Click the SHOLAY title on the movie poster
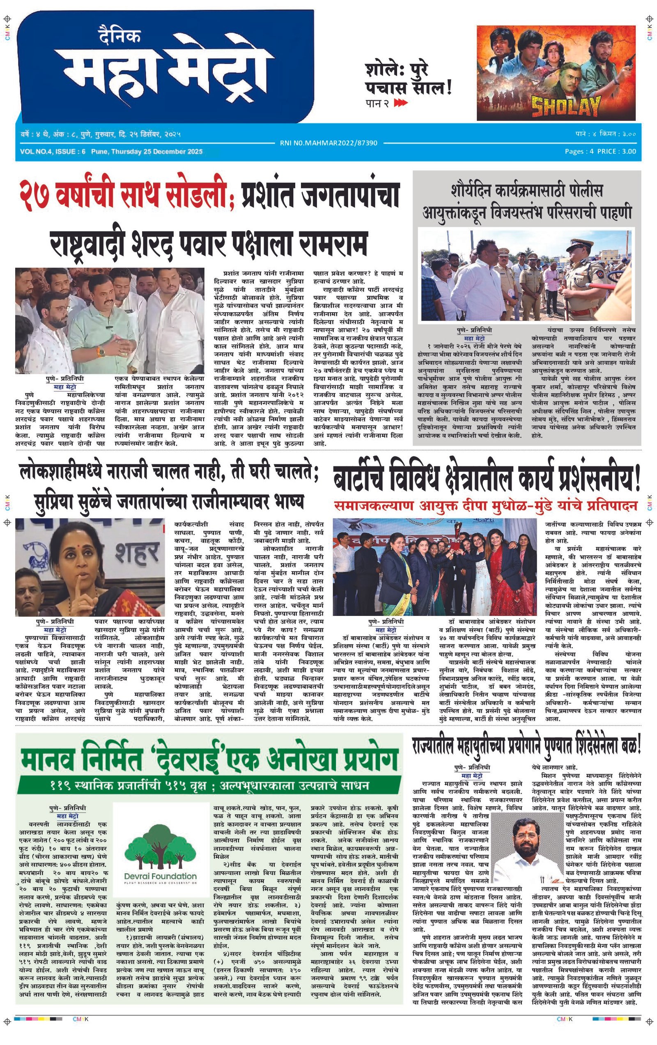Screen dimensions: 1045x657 (x=566, y=105)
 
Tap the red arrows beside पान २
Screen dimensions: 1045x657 (x=401, y=103)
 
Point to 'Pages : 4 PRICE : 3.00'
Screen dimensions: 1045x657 (x=600, y=151)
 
